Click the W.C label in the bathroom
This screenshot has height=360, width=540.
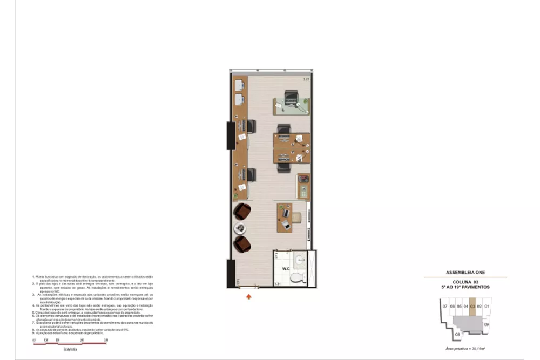286,268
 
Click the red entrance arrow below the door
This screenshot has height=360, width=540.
249,296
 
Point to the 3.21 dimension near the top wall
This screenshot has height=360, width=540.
306,79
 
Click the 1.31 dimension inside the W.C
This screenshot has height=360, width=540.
278,284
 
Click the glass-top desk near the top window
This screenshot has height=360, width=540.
292,105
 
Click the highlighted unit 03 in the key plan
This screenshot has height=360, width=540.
473,307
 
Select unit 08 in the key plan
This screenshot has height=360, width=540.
457,335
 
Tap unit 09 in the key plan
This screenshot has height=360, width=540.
486,324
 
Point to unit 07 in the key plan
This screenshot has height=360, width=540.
444,307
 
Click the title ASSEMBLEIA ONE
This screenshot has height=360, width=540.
465,273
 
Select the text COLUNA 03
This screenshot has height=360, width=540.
465,282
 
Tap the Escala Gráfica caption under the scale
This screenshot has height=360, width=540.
70,351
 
